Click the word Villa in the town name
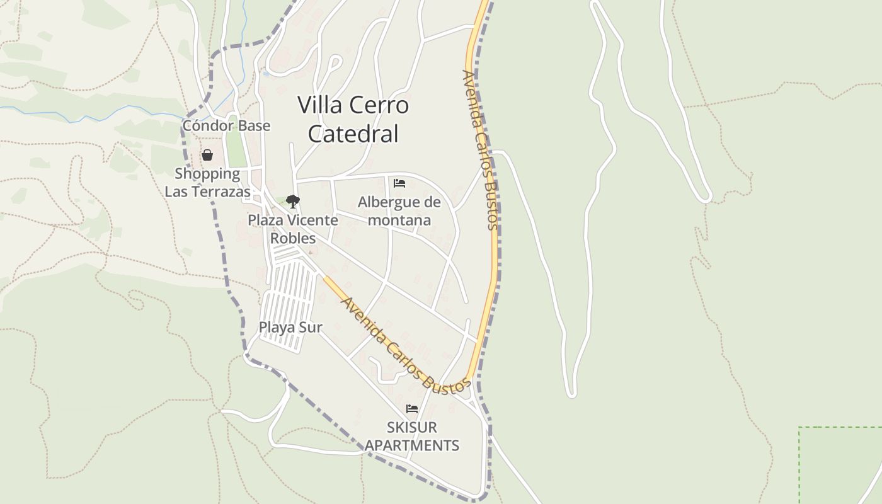pyautogui.click(x=320, y=105)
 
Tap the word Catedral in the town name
pyautogui.click(x=353, y=134)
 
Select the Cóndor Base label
pyautogui.click(x=226, y=125)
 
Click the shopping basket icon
pyautogui.click(x=207, y=155)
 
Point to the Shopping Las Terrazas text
pyautogui.click(x=207, y=183)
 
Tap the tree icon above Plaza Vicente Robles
pyautogui.click(x=292, y=202)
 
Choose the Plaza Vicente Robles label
pyautogui.click(x=292, y=229)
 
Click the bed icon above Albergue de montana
pyautogui.click(x=399, y=183)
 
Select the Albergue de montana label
pyautogui.click(x=399, y=211)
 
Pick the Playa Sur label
pyautogui.click(x=290, y=328)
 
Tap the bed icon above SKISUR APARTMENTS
pyautogui.click(x=412, y=409)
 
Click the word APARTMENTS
pyautogui.click(x=412, y=445)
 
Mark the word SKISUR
pyautogui.click(x=412, y=428)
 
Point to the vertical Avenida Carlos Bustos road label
pyautogui.click(x=480, y=150)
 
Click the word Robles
pyautogui.click(x=292, y=239)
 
